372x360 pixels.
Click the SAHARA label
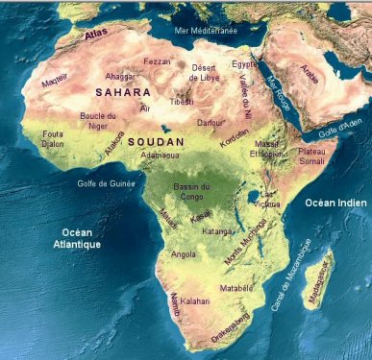tap(122, 92)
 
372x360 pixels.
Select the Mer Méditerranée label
tap(206, 31)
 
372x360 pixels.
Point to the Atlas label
tap(96, 35)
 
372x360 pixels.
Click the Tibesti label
tap(182, 101)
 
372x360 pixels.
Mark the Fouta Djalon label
tap(53, 140)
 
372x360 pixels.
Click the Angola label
tap(183, 255)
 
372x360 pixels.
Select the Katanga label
tap(219, 232)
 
